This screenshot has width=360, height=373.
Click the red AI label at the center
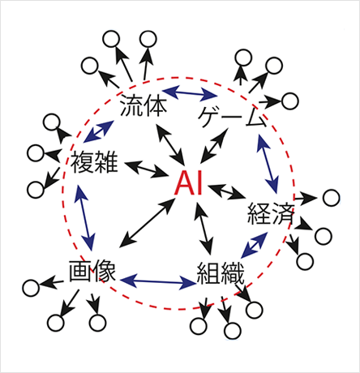[189, 183]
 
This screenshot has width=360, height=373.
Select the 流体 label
[144, 105]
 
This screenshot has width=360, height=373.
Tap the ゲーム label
[233, 117]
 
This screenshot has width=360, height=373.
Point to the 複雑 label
[94, 162]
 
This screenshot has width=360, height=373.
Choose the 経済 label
[271, 213]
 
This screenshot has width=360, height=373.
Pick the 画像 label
[92, 271]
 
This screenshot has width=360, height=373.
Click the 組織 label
[221, 273]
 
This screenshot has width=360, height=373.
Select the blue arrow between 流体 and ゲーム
[190, 92]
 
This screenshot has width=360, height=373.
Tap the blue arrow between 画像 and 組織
[158, 282]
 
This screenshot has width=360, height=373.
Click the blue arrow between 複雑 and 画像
[85, 217]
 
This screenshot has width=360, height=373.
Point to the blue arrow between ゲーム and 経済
[268, 164]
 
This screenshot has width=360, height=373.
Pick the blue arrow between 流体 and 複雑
[98, 131]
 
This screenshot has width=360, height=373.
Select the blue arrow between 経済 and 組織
[255, 245]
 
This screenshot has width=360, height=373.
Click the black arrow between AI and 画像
[147, 222]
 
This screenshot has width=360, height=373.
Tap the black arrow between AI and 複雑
[146, 169]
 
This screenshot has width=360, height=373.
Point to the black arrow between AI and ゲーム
[214, 146]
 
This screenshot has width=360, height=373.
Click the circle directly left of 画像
[31, 288]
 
